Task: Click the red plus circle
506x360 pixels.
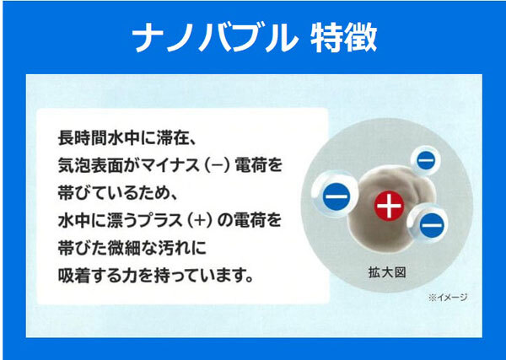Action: coord(387,205)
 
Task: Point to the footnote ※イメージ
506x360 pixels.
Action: coord(448,297)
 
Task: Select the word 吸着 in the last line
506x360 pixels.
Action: coord(69,275)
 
